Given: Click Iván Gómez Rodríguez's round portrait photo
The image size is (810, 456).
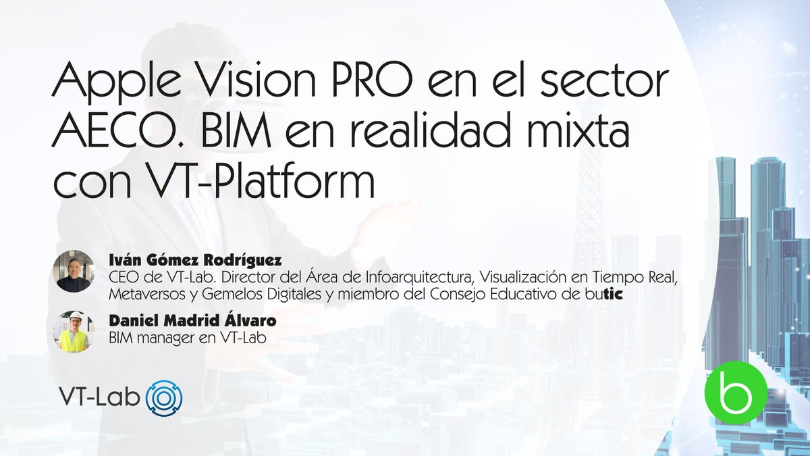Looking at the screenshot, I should (x=73, y=272).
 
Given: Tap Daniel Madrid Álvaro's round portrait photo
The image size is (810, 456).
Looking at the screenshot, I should (x=73, y=332).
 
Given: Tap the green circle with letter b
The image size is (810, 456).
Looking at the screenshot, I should (x=735, y=396).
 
